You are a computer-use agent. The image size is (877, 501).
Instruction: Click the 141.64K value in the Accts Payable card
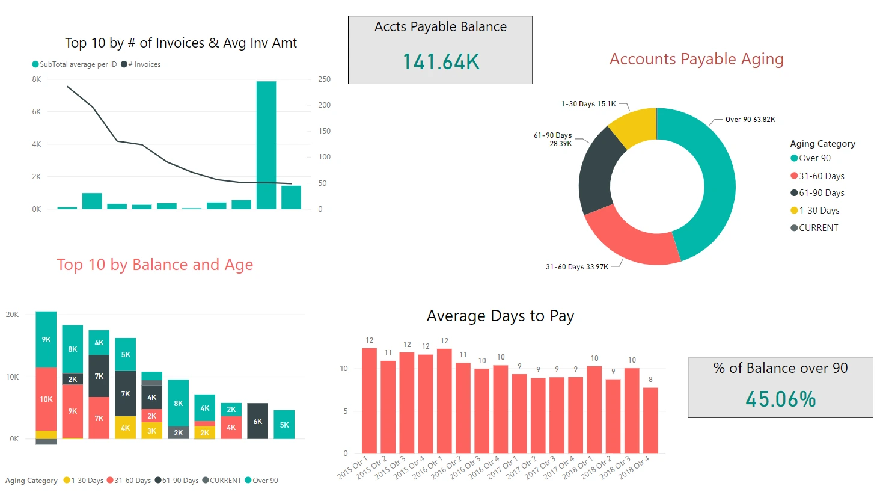pyautogui.click(x=441, y=62)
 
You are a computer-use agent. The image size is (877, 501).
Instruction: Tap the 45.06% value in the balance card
pyautogui.click(x=780, y=399)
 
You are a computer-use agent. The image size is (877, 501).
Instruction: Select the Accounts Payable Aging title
pyautogui.click(x=696, y=59)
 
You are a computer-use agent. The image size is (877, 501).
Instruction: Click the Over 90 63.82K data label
pyautogui.click(x=750, y=120)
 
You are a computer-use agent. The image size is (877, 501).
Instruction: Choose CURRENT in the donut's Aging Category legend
pyautogui.click(x=817, y=228)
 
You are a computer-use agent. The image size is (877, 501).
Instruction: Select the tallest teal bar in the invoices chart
pyautogui.click(x=266, y=145)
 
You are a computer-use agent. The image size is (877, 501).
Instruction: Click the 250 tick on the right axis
pyautogui.click(x=324, y=79)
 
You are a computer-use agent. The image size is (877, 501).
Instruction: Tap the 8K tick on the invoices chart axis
pyautogui.click(x=37, y=79)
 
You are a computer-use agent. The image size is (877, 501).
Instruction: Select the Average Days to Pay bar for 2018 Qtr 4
pyautogui.click(x=650, y=420)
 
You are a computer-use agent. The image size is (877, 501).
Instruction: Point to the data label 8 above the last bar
pyautogui.click(x=650, y=380)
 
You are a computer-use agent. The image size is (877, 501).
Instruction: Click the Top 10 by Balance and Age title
pyautogui.click(x=155, y=265)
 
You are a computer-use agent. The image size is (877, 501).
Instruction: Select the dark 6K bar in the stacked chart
pyautogui.click(x=257, y=420)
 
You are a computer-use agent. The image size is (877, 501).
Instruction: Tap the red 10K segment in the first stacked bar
pyautogui.click(x=46, y=399)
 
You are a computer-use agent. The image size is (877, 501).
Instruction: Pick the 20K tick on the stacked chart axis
pyautogui.click(x=13, y=315)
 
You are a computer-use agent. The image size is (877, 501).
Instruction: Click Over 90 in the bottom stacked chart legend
pyautogui.click(x=264, y=481)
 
